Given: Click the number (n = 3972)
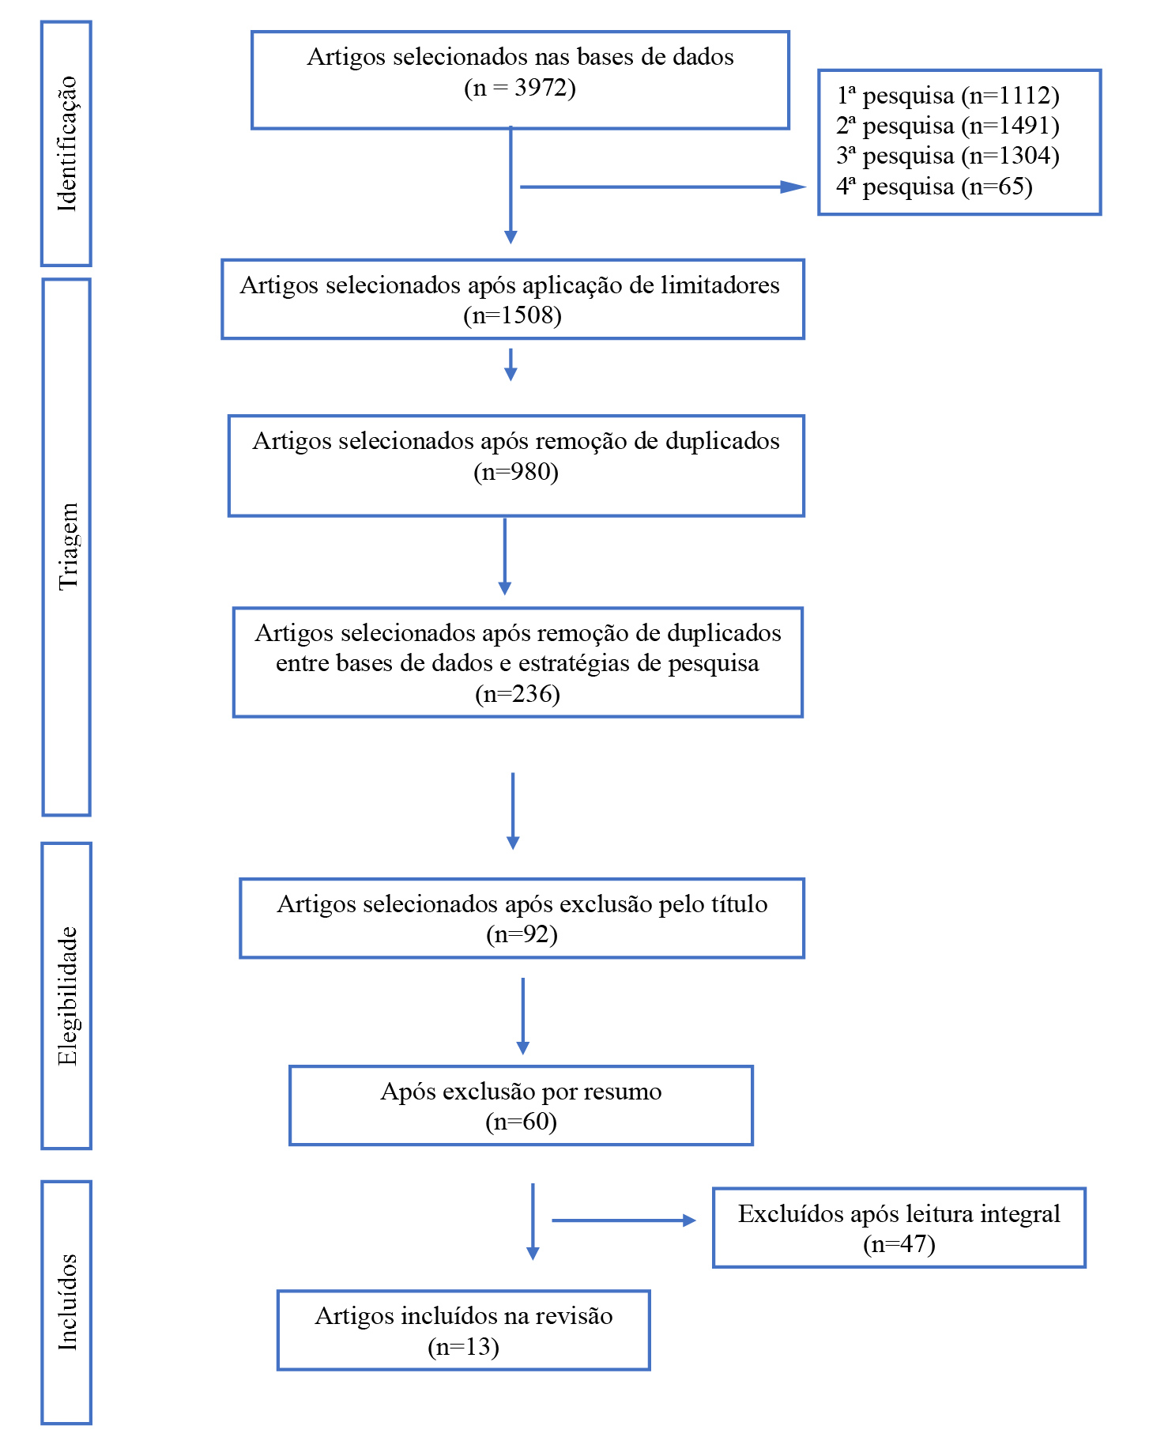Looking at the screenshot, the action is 520,88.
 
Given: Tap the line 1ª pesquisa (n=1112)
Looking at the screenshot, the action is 948,96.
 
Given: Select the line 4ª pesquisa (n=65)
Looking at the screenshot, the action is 934,187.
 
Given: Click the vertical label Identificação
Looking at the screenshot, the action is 67,144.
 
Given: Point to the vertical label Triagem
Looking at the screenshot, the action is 68,546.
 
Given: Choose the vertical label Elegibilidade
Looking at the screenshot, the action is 67,996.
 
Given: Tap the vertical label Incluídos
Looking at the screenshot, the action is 67,1302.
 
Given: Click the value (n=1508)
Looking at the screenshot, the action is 513,315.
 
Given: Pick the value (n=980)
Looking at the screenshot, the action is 516,472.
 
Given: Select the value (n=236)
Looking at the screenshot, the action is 518,694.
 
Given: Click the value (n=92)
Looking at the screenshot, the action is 522,935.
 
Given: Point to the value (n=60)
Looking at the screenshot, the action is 521,1122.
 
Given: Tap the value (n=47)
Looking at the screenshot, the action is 899,1244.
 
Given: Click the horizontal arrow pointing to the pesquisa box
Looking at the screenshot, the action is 663,187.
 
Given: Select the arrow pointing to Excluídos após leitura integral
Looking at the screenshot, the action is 624,1220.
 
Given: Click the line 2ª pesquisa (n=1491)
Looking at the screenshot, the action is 948,126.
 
